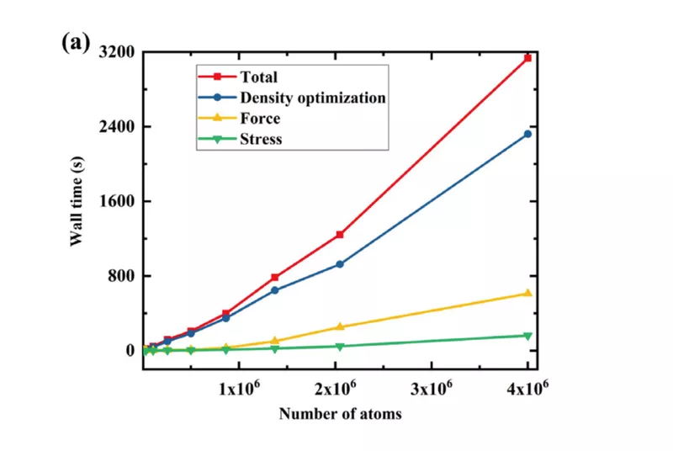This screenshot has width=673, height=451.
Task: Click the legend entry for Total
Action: click(258, 77)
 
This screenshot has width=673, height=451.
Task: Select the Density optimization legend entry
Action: click(312, 98)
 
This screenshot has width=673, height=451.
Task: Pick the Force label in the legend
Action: click(260, 119)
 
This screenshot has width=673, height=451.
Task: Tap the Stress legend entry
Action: click(261, 139)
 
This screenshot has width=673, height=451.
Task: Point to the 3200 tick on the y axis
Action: click(116, 52)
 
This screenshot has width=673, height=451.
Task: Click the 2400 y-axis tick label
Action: click(116, 127)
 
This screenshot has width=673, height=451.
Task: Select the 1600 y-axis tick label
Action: click(116, 202)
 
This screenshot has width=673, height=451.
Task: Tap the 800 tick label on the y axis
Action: click(119, 276)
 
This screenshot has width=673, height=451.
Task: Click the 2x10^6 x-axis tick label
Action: click(336, 390)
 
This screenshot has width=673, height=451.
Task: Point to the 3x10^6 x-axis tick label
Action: click(432, 390)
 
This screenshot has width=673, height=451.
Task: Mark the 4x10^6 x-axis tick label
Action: click(527, 390)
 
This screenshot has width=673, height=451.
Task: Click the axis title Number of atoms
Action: click(340, 414)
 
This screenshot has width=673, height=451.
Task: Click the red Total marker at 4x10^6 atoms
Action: click(527, 58)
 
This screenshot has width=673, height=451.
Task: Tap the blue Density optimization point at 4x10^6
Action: click(527, 134)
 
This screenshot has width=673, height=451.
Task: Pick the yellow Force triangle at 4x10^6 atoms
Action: click(527, 293)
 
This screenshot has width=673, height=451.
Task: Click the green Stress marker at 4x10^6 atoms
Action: click(527, 336)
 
